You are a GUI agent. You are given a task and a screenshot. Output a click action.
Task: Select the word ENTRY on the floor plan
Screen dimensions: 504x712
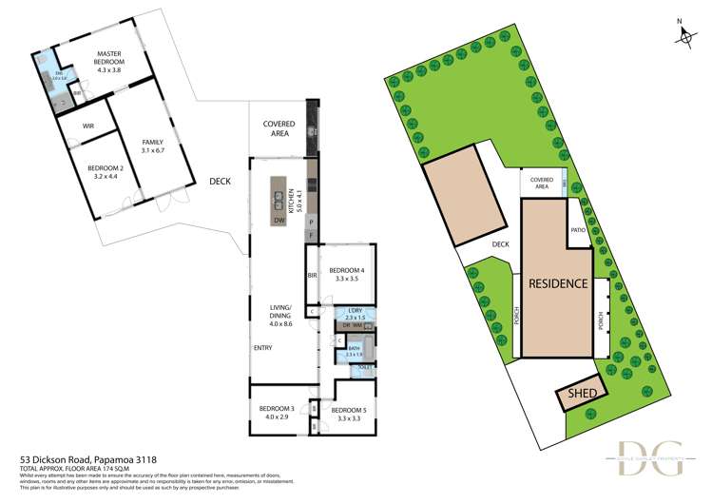(263, 348)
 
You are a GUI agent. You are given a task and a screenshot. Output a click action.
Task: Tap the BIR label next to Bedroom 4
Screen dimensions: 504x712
(312, 276)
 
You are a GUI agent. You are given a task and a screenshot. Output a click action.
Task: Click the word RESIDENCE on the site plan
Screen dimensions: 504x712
(556, 283)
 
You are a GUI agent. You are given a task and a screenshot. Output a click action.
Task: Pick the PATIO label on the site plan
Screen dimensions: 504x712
(577, 230)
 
